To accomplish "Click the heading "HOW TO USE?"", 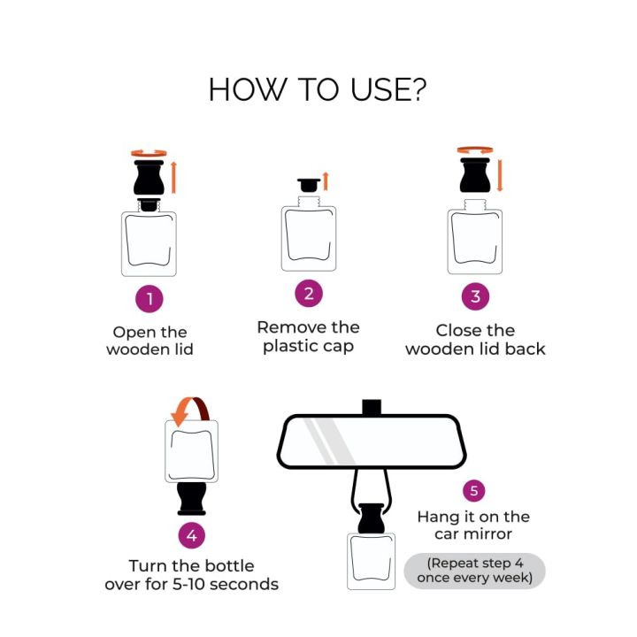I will [x=318, y=89].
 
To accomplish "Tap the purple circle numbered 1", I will [x=150, y=299].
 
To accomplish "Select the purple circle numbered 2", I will [x=308, y=294].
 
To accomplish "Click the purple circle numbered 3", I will [x=475, y=296].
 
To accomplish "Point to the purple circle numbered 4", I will [x=192, y=534].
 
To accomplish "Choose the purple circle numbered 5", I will [x=475, y=490].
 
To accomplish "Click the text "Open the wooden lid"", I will [x=150, y=341].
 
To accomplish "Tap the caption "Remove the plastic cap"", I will [x=308, y=336].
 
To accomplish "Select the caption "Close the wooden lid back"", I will [x=475, y=340].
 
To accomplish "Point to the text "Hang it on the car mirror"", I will [x=473, y=526].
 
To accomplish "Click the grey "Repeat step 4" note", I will [x=475, y=571].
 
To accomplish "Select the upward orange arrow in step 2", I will [x=326, y=181].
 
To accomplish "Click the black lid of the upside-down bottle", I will [x=192, y=498].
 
